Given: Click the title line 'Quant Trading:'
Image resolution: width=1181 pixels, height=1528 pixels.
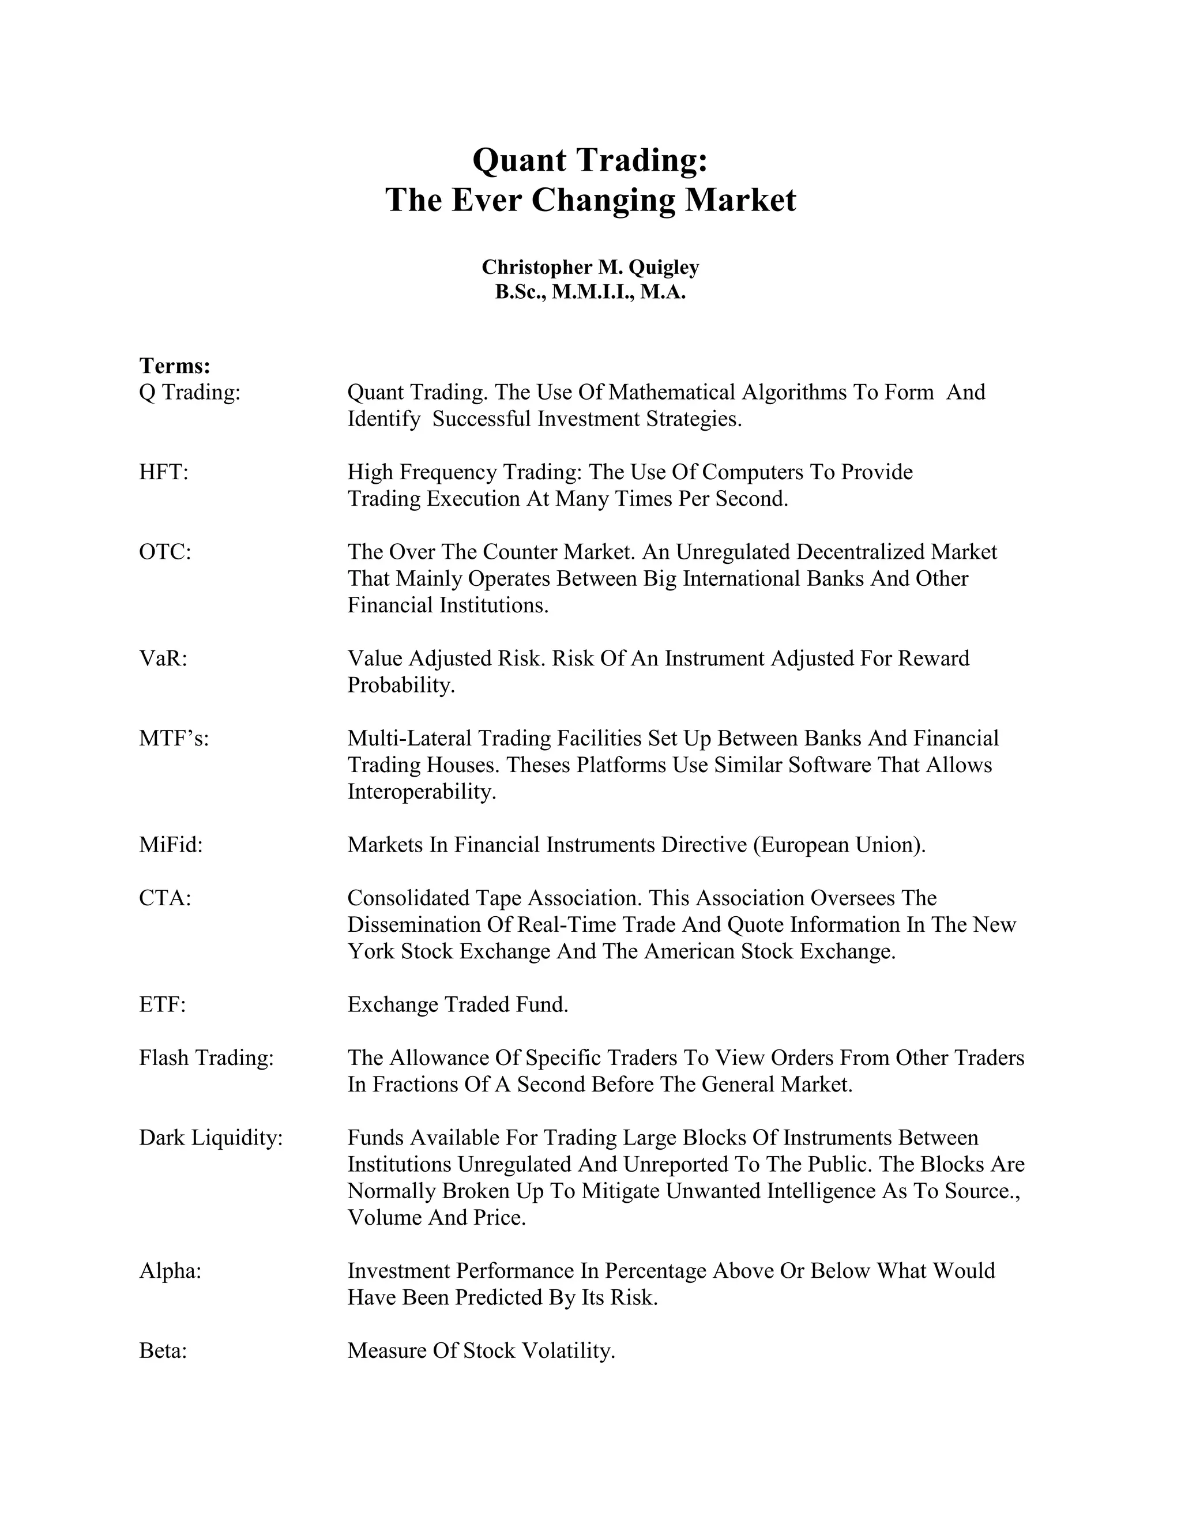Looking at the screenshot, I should (x=590, y=160).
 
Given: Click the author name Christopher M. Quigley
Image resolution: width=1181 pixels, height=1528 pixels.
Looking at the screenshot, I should (x=590, y=268).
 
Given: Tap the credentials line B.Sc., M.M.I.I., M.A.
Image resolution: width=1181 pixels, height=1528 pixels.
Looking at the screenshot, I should (x=590, y=292).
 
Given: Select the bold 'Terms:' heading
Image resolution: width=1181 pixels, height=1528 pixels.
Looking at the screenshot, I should (x=175, y=366).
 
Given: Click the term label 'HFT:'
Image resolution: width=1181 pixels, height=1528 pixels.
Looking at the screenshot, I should (x=164, y=472).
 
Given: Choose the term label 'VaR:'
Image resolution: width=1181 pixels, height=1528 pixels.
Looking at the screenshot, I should (x=163, y=658).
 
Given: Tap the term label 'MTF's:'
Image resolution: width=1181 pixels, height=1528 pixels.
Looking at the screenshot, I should (x=174, y=738).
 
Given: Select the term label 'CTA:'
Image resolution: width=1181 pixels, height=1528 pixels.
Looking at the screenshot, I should (x=165, y=898).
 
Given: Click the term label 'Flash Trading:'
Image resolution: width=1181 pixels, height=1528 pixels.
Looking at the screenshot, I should (x=206, y=1058).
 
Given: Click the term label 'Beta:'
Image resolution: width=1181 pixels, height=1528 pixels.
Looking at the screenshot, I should (x=163, y=1350).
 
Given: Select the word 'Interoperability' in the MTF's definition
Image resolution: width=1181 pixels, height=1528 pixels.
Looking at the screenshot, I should (x=420, y=792).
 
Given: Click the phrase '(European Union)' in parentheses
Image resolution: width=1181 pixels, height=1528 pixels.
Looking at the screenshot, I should (x=838, y=845).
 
